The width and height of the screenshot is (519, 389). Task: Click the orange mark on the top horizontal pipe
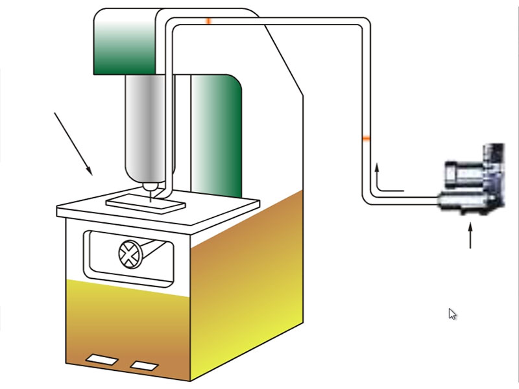pos(208,21)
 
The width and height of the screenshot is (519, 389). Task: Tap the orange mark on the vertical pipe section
pos(366,139)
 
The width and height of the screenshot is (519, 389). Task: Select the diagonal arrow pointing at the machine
pos(73,143)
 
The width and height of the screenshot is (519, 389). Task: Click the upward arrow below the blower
pos(471,236)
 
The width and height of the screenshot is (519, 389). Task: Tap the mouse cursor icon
pos(452,314)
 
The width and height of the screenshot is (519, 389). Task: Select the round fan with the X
pos(129,252)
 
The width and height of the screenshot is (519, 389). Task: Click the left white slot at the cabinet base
pos(101,359)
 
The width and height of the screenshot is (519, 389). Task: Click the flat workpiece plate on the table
pos(147,200)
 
